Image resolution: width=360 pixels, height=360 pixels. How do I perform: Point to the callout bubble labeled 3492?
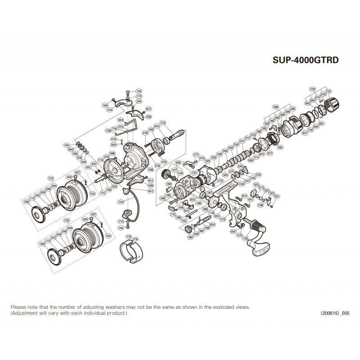pyautogui.click(x=139, y=101)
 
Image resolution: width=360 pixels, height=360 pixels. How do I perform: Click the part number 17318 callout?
pyautogui.click(x=163, y=122)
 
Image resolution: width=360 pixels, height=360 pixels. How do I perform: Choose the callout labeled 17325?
pyautogui.click(x=67, y=220)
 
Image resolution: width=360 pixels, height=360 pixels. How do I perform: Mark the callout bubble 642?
pyautogui.click(x=251, y=199)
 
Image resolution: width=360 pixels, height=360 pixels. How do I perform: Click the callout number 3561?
pyautogui.click(x=277, y=197)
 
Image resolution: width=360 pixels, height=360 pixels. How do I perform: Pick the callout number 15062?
pyautogui.click(x=276, y=107)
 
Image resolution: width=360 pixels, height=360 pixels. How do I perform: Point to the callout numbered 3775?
pyautogui.click(x=196, y=154)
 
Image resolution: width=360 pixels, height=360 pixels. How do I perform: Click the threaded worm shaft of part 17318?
pyautogui.click(x=178, y=135)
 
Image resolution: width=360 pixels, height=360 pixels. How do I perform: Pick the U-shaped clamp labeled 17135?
pyautogui.click(x=132, y=253)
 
